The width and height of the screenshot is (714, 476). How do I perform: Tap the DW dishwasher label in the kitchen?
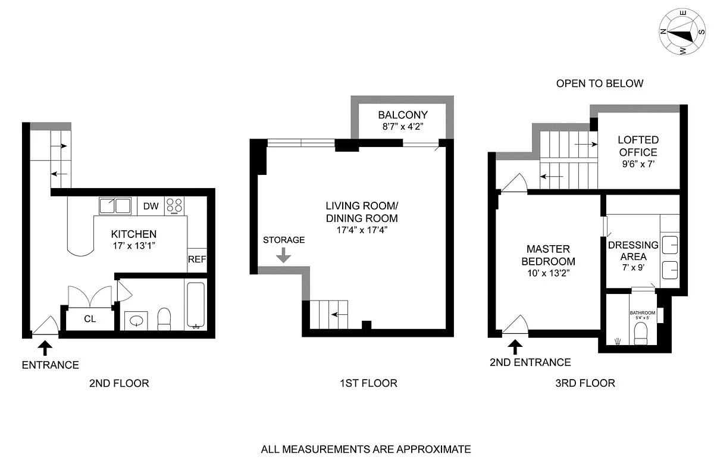[151, 206]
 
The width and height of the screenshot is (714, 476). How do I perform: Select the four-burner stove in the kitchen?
[174, 206]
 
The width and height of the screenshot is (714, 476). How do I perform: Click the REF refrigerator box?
[196, 259]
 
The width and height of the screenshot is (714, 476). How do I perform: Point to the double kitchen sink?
[115, 206]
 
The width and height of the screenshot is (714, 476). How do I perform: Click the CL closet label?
[90, 319]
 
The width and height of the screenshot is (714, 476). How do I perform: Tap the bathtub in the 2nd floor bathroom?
[196, 305]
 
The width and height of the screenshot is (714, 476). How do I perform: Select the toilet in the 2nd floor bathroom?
[164, 319]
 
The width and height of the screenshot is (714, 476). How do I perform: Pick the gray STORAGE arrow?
[284, 255]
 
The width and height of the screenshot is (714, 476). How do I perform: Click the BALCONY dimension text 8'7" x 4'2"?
[403, 126]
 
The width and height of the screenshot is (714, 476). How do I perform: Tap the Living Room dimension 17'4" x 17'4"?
[361, 230]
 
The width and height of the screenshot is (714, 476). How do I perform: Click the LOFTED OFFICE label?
[638, 146]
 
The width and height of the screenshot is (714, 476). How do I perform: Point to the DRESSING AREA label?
[633, 250]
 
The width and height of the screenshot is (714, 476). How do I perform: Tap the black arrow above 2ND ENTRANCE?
[515, 346]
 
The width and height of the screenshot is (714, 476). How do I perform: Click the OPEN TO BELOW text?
[599, 83]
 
